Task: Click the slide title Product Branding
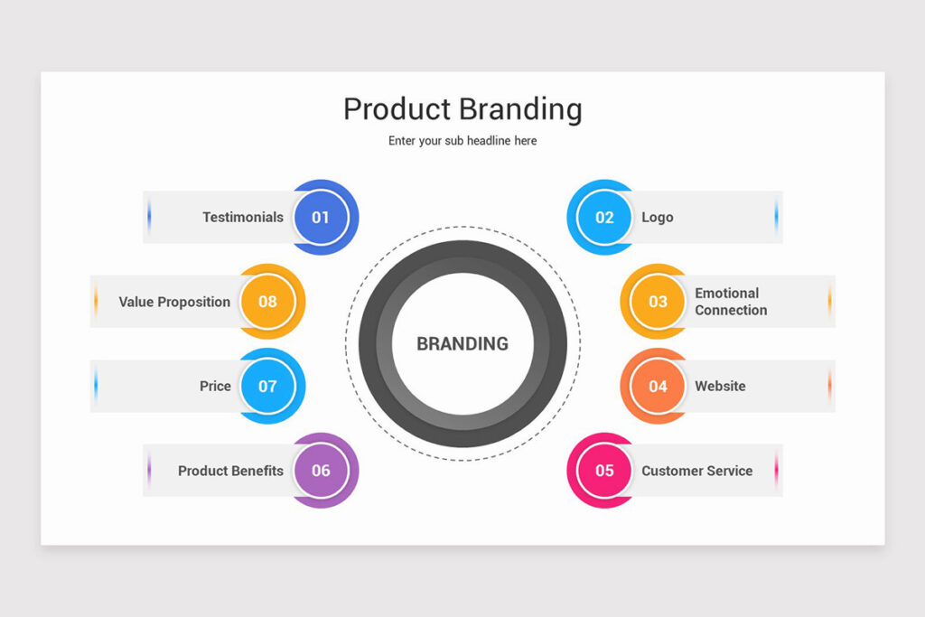(462, 109)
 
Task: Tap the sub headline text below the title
(462, 141)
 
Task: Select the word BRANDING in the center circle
(462, 343)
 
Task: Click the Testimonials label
(243, 217)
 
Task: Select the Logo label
(658, 218)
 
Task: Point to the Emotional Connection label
(731, 302)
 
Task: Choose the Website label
(720, 386)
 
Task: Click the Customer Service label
(697, 471)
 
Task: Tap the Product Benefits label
(230, 471)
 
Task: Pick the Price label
(215, 386)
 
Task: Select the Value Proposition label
(174, 302)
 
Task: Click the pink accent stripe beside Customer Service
(776, 470)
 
